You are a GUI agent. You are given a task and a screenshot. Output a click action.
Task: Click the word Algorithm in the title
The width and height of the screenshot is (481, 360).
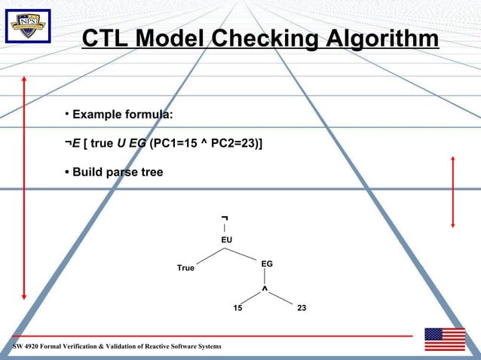pos(381,38)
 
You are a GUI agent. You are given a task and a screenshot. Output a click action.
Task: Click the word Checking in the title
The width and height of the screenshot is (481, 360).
pos(265,38)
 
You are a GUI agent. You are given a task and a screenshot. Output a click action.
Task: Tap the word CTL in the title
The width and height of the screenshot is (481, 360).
pos(104,38)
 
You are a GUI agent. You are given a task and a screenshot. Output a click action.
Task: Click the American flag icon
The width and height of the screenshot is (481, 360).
pos(444,340)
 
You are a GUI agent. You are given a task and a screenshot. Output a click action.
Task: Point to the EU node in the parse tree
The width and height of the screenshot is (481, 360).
pos(226,239)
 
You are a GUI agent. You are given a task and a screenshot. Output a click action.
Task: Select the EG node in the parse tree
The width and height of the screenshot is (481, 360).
pos(267,264)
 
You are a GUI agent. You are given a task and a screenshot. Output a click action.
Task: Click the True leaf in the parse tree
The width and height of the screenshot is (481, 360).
pos(185,268)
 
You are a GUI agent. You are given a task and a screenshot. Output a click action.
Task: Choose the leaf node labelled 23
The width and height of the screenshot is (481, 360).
pos(301,309)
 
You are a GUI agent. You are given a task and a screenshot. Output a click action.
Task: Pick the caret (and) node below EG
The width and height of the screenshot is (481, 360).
pos(265,289)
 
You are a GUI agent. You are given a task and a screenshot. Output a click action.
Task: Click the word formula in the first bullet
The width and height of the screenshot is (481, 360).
pos(149,114)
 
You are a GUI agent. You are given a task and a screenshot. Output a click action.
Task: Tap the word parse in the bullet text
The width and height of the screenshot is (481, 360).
pos(124,172)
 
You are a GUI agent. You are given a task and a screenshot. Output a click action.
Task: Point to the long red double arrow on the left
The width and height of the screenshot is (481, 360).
pos(24,188)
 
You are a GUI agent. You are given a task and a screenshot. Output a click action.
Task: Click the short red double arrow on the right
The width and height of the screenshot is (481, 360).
pos(452,191)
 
